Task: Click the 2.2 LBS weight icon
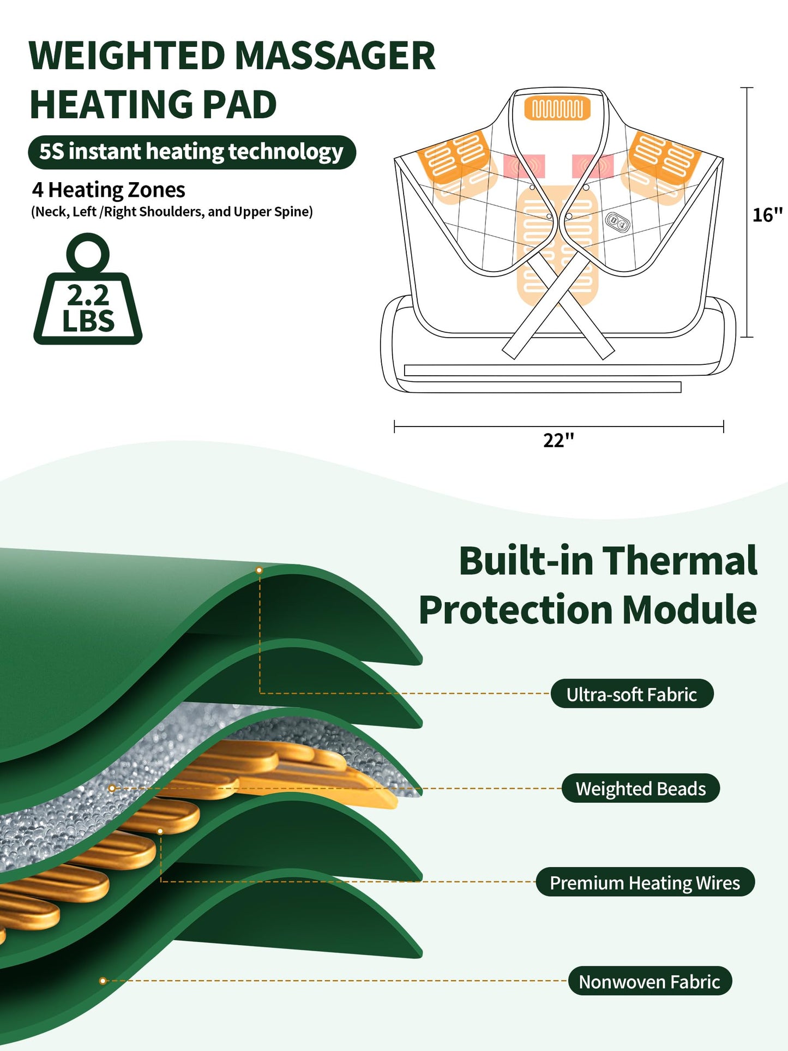tap(88, 289)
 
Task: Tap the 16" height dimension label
tap(767, 215)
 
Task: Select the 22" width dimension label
tap(558, 440)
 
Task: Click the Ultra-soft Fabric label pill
tap(632, 694)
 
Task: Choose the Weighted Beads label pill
tap(641, 788)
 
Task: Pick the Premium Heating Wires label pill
tap(645, 882)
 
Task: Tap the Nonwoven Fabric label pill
tap(649, 981)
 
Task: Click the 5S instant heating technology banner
tap(192, 152)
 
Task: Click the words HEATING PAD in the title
tap(153, 104)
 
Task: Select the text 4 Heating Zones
tap(109, 190)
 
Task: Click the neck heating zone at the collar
tap(557, 109)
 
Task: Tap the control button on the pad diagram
tap(617, 221)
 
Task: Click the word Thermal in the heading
tap(680, 560)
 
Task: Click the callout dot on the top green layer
tap(259, 570)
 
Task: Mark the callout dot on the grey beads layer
tap(112, 788)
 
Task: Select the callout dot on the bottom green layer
tap(103, 981)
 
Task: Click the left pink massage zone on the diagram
tap(524, 166)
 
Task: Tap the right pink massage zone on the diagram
tap(593, 166)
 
